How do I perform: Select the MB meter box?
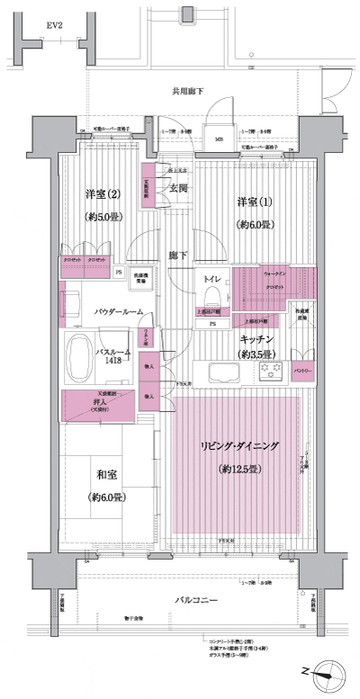point(218,139)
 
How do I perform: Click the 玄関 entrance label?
point(178,189)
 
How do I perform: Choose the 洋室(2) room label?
point(103,194)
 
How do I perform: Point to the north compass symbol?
point(327,671)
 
